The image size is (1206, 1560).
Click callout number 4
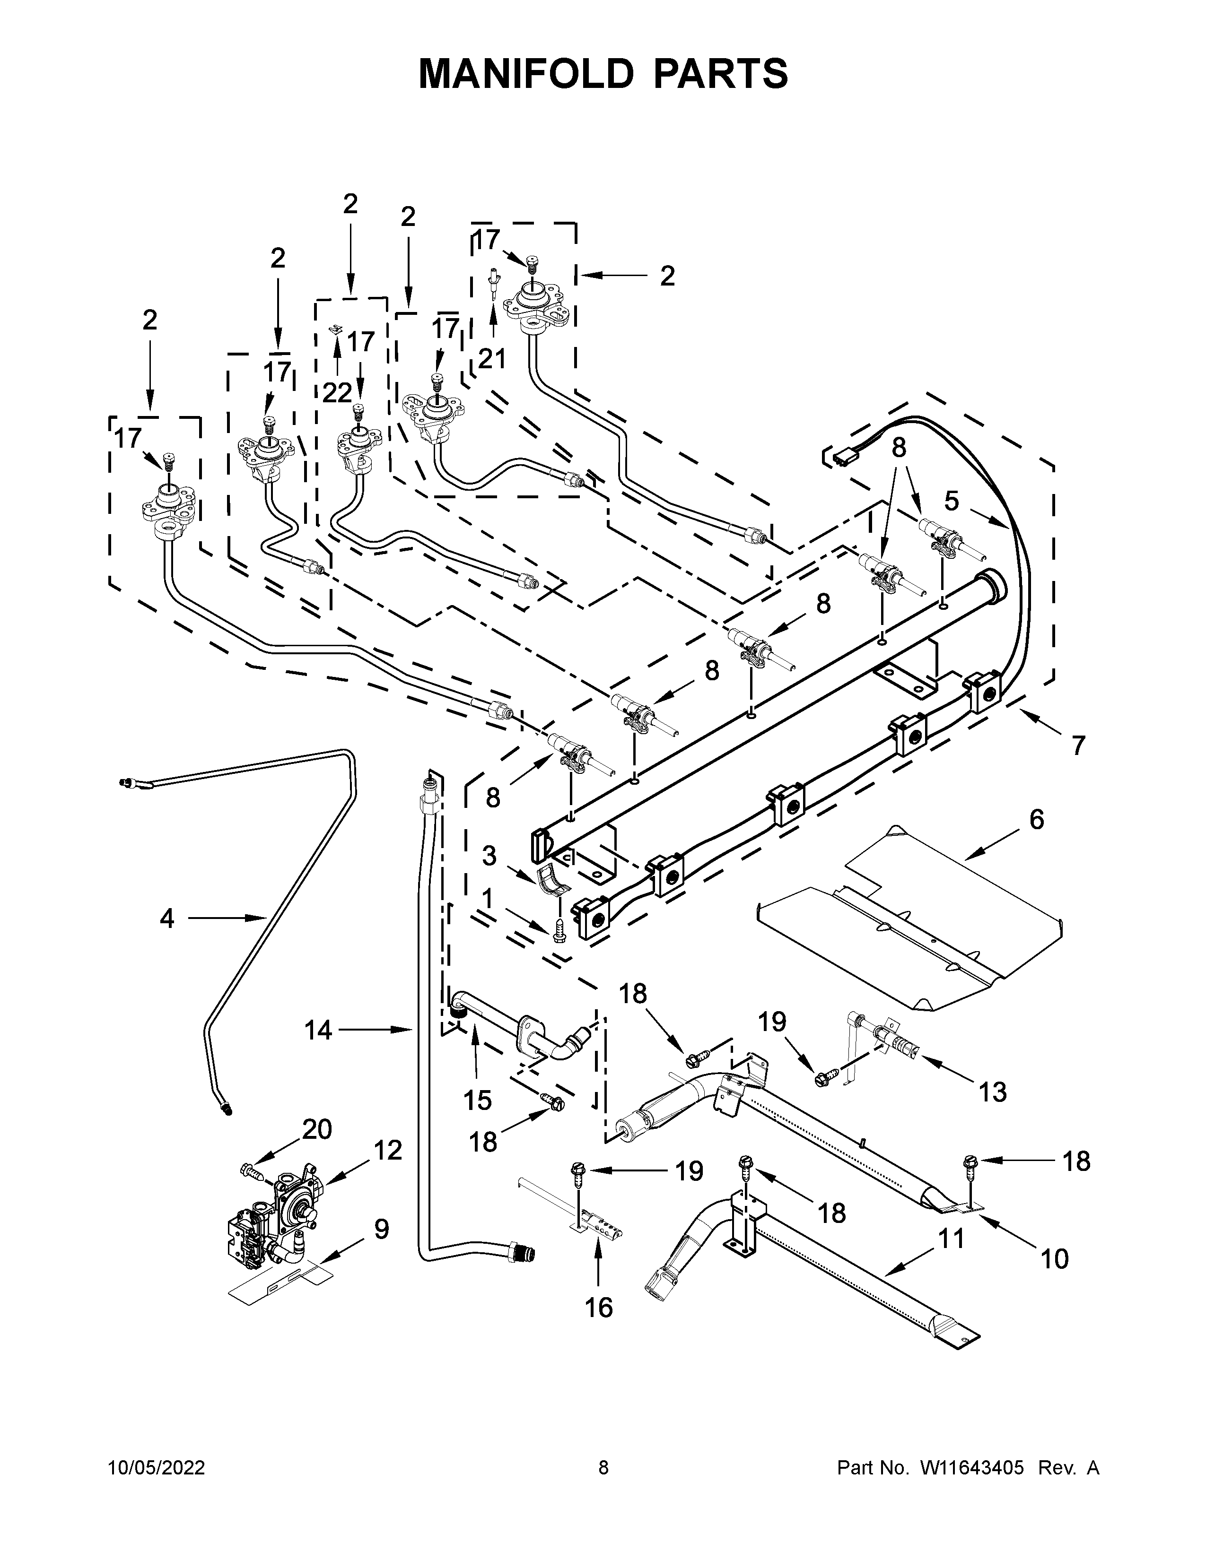click(166, 918)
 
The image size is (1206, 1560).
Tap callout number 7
click(1078, 745)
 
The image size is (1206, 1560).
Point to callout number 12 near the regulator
click(387, 1150)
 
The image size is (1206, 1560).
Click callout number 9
click(382, 1229)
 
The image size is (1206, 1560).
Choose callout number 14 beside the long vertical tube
click(319, 1030)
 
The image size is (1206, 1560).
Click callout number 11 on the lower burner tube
click(951, 1238)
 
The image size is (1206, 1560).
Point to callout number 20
click(317, 1129)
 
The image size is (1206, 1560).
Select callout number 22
click(337, 392)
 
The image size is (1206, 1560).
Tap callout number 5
click(951, 501)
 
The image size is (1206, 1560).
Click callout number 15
click(477, 1100)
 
